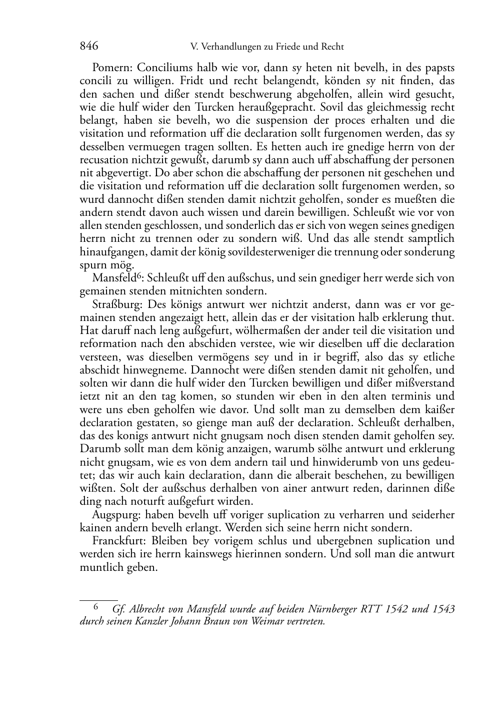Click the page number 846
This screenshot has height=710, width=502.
88,47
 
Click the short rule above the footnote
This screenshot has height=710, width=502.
98,599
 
